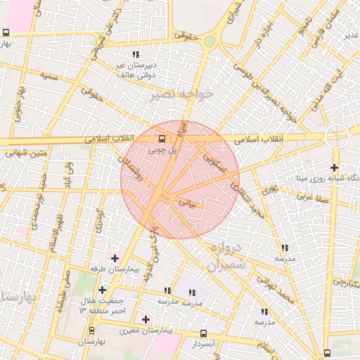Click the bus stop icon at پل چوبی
click(162, 139)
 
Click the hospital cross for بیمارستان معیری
click(146, 319)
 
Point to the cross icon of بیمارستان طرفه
click(115, 259)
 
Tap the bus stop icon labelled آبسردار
click(203, 333)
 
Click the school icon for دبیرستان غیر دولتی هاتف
click(136, 53)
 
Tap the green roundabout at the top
click(210, 41)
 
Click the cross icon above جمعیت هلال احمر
click(103, 290)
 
